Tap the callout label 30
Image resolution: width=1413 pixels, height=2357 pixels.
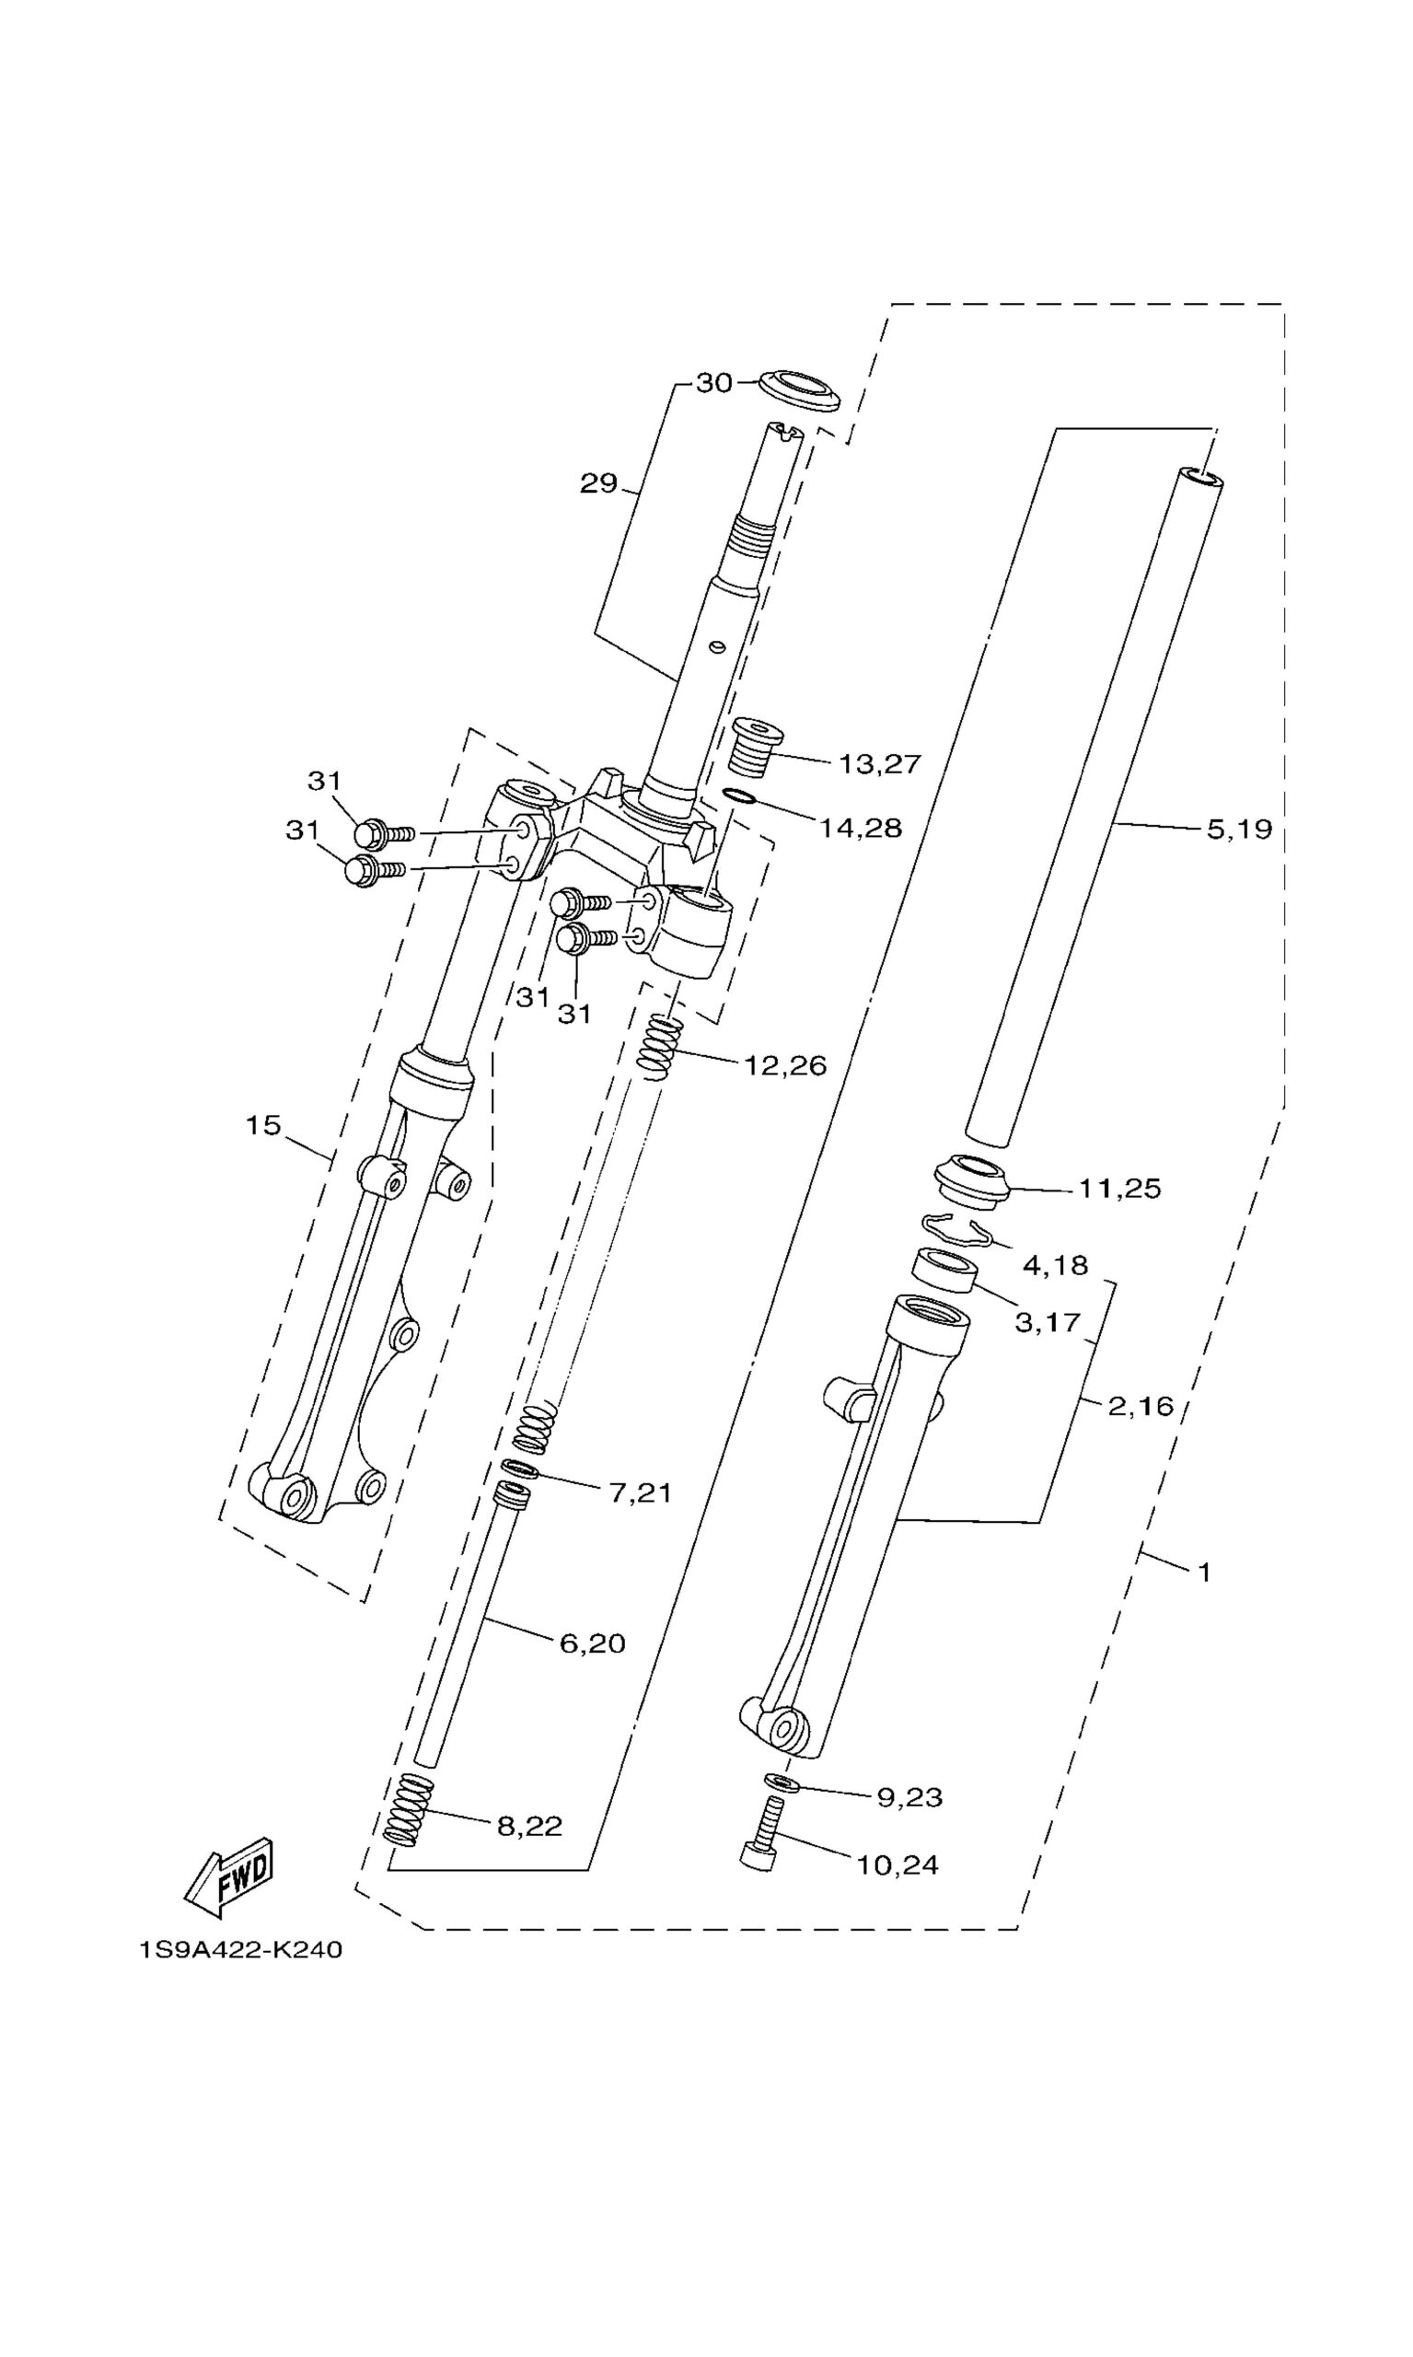(x=714, y=383)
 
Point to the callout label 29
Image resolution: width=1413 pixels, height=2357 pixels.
(x=599, y=483)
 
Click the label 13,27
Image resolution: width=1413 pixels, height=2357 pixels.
(x=880, y=764)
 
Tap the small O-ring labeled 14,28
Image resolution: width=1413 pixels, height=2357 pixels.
(x=740, y=796)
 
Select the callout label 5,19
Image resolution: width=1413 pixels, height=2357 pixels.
(x=1240, y=830)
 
